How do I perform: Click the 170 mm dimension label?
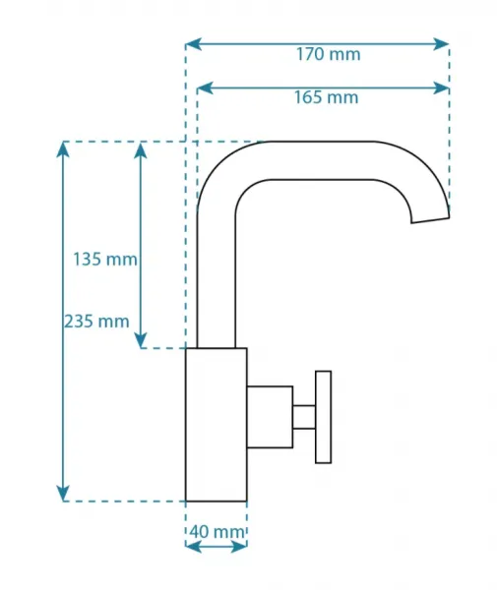click(x=329, y=54)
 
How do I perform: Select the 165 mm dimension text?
click(x=326, y=97)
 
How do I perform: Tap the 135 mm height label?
click(x=105, y=260)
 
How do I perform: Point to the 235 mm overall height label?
click(x=96, y=322)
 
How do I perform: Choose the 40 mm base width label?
click(x=217, y=532)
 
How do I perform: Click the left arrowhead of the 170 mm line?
click(x=194, y=44)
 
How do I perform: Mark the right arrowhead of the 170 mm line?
click(x=441, y=44)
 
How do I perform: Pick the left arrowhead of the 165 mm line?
click(x=206, y=88)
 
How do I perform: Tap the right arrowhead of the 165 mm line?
click(x=441, y=88)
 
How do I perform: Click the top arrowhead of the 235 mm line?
click(x=63, y=149)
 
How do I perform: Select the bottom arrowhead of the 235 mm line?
click(x=63, y=493)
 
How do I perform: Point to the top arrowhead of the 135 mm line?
click(x=141, y=149)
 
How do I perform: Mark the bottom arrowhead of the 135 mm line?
click(x=141, y=340)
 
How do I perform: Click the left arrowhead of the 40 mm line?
click(x=194, y=547)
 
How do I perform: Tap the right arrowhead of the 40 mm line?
click(x=238, y=547)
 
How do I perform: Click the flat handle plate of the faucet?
click(x=324, y=417)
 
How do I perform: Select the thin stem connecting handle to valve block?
click(x=304, y=417)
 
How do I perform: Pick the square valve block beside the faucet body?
click(x=270, y=417)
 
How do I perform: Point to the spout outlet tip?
click(x=430, y=220)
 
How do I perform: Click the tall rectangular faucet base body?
click(x=217, y=425)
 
